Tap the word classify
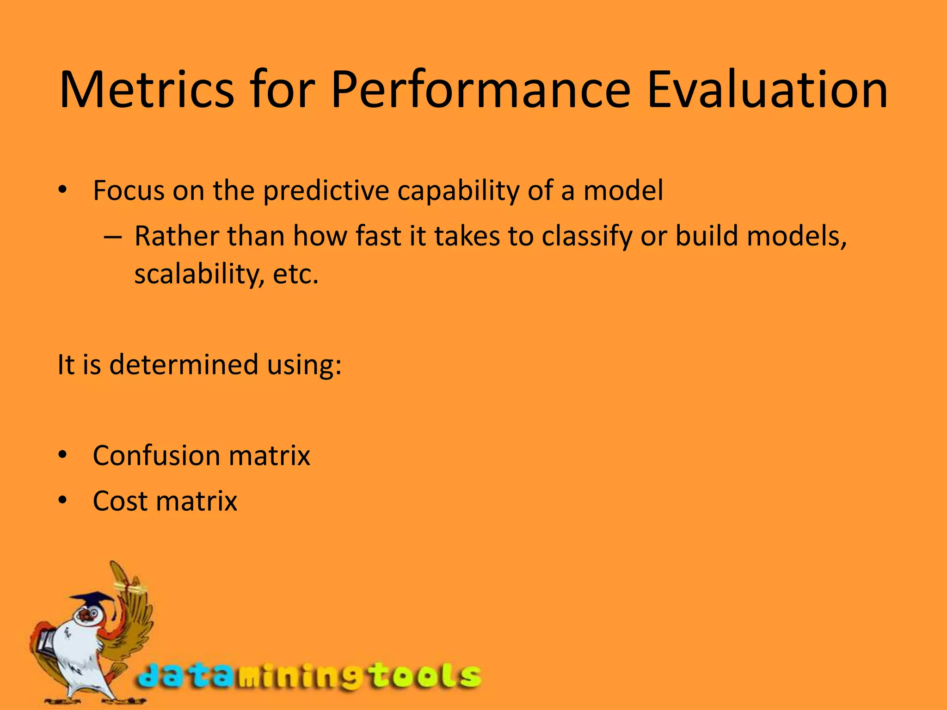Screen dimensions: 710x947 pyautogui.click(x=586, y=237)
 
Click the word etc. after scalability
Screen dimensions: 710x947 pyautogui.click(x=296, y=274)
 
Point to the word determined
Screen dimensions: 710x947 pyautogui.click(x=184, y=364)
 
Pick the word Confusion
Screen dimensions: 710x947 pyautogui.click(x=156, y=455)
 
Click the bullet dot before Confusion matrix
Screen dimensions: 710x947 pyautogui.click(x=63, y=455)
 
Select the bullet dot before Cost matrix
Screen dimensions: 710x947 pyautogui.click(x=63, y=500)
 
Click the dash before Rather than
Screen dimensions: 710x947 pyautogui.click(x=112, y=237)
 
